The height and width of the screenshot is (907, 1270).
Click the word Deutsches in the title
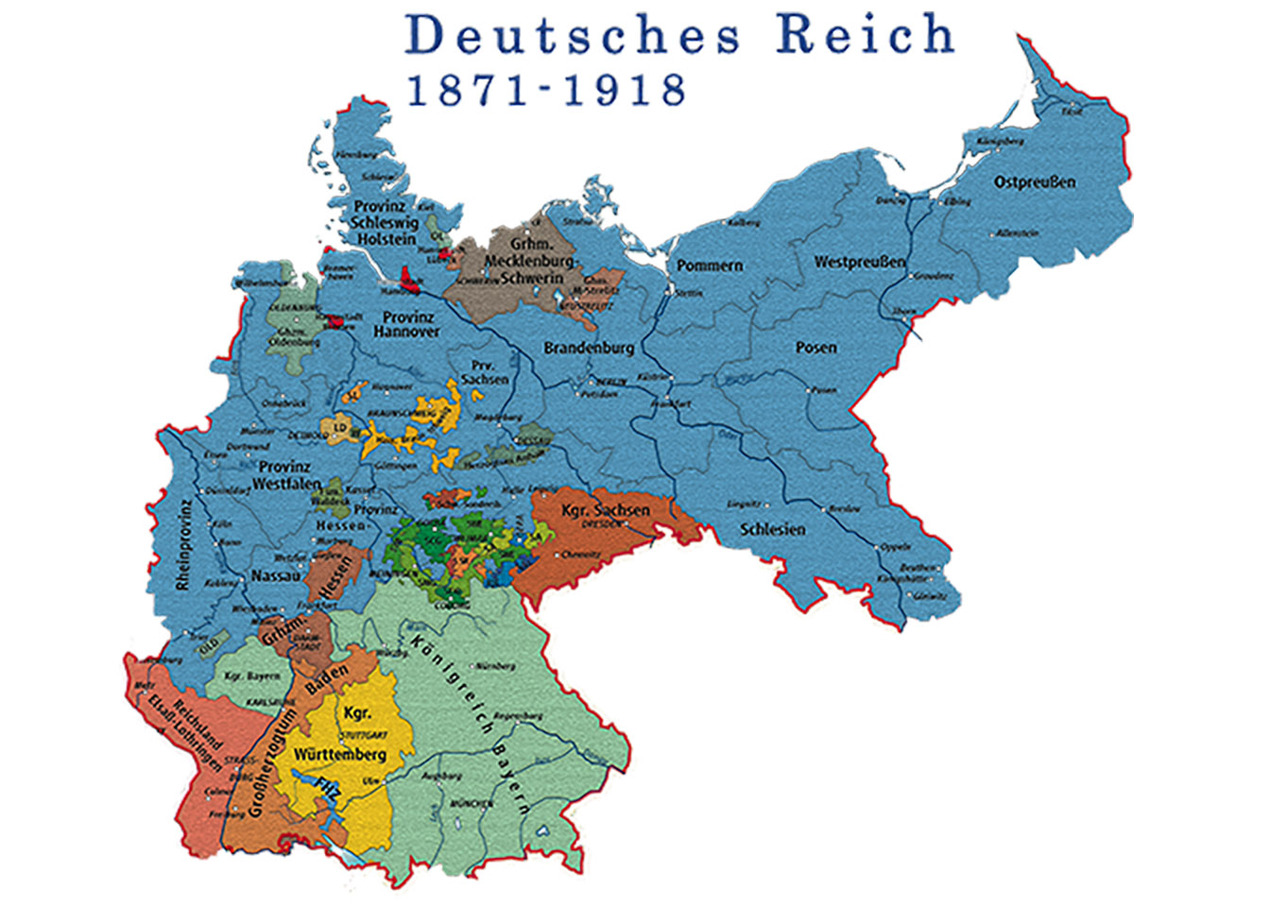pyautogui.click(x=573, y=36)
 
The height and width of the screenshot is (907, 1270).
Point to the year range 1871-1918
pyautogui.click(x=546, y=91)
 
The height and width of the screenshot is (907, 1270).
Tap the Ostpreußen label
pyautogui.click(x=1034, y=182)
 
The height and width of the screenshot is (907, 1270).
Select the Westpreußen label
pyautogui.click(x=860, y=262)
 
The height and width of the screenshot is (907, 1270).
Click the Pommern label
pyautogui.click(x=709, y=265)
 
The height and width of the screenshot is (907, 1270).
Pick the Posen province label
pyautogui.click(x=815, y=348)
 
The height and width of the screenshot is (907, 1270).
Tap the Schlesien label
pyautogui.click(x=772, y=529)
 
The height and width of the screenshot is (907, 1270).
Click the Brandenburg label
pyautogui.click(x=589, y=348)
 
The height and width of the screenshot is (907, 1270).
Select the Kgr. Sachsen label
pyautogui.click(x=605, y=510)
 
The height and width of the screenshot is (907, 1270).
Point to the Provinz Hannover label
pyautogui.click(x=406, y=324)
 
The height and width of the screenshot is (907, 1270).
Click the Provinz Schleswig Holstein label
pyautogui.click(x=386, y=222)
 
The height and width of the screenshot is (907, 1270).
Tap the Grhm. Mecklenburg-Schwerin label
pyautogui.click(x=528, y=261)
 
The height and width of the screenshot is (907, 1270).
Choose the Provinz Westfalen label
pyautogui.click(x=286, y=475)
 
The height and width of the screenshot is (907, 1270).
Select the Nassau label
pyautogui.click(x=275, y=575)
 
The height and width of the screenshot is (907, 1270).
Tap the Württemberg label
pyautogui.click(x=339, y=755)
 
